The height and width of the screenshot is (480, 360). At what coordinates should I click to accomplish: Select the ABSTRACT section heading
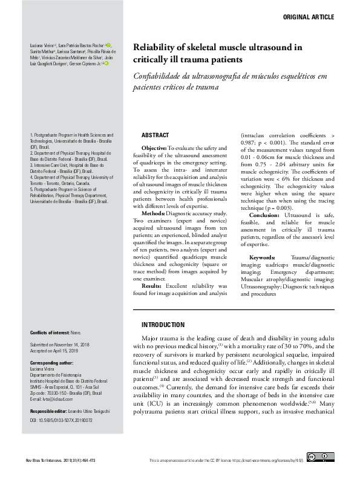click(155, 135)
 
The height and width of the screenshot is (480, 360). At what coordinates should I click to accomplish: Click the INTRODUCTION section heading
click(163, 325)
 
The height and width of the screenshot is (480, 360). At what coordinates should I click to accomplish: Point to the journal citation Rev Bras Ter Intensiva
click(50, 461)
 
